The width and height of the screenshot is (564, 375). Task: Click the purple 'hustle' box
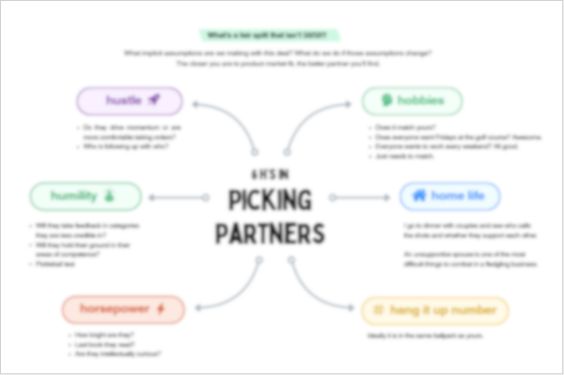[x=129, y=101]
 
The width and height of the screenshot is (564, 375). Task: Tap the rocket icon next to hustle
[x=154, y=100]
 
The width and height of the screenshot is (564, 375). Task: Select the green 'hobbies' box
[x=412, y=101]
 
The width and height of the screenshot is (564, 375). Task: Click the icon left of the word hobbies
[x=387, y=101]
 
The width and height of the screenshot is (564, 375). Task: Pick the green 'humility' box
[x=85, y=196]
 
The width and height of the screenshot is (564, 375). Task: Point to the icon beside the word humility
[x=109, y=196]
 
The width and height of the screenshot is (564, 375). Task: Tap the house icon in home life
[x=419, y=196]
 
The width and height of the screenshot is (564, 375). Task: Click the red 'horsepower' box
[x=123, y=310]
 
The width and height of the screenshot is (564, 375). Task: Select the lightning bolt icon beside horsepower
[x=160, y=309]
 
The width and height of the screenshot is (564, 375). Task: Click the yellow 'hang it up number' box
[x=435, y=310]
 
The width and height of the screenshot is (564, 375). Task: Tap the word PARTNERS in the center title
[x=270, y=233]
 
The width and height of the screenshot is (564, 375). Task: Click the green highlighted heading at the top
[x=270, y=36]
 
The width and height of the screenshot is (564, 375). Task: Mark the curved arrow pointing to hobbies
[x=309, y=119]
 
